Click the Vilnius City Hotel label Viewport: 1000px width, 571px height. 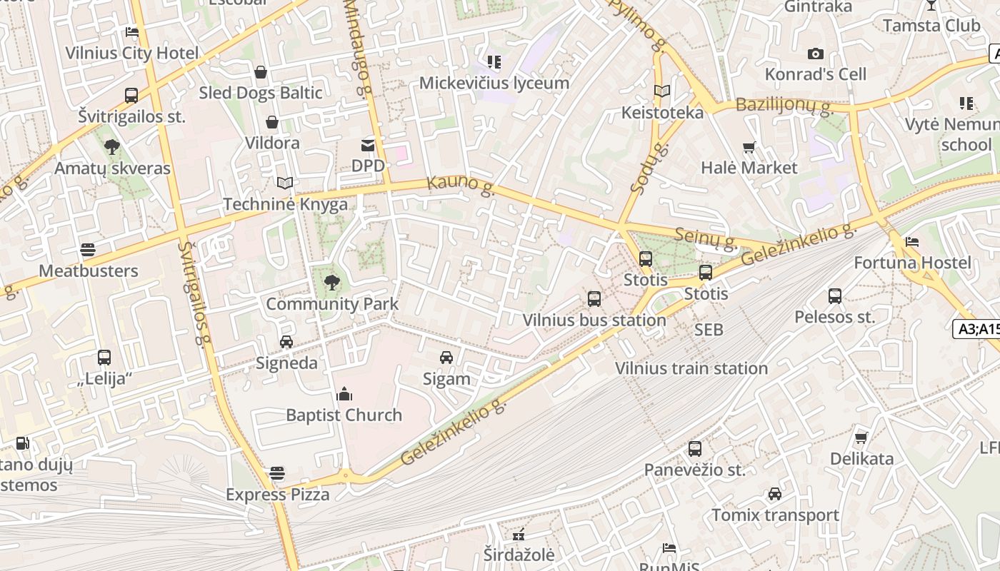coord(132,53)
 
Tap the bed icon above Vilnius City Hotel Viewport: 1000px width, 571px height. coord(132,31)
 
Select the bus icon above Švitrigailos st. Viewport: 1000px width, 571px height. coord(131,95)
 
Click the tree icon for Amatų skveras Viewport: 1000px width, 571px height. coord(111,147)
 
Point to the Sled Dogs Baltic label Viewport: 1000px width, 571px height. coord(260,93)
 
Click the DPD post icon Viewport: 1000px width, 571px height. coord(368,146)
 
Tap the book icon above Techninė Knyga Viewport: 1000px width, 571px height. coord(285,183)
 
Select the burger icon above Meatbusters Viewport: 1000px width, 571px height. coord(88,250)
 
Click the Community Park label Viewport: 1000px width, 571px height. coord(332,304)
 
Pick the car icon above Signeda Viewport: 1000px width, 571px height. coord(286,342)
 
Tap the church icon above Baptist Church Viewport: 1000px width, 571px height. coord(344,394)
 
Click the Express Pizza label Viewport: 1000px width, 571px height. coord(278,495)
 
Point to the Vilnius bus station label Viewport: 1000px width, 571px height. coord(594,320)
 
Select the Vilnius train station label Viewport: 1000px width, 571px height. coord(691,368)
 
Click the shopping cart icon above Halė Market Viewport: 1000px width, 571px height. coord(749,148)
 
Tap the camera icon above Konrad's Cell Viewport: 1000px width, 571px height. coord(815,54)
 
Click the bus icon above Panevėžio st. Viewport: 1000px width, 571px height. coord(695,449)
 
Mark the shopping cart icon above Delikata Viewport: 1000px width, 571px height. coord(862,437)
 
